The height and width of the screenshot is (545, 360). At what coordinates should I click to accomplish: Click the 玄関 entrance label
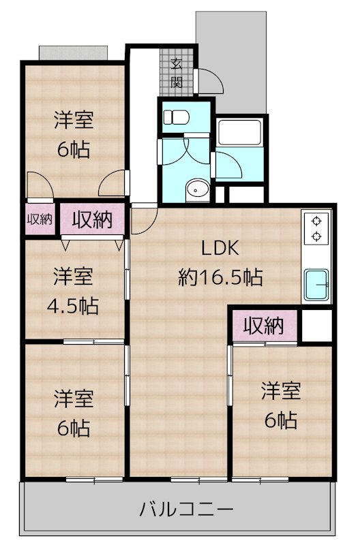pos(177,73)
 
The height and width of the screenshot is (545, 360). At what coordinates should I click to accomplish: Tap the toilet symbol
pos(176,117)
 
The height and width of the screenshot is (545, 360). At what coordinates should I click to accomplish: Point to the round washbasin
pos(198,189)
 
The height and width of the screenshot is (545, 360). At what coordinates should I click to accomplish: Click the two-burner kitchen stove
pos(316,228)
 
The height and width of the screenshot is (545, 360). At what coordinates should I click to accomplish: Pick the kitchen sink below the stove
pos(316,284)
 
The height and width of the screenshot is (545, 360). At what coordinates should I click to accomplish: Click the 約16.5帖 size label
pos(220,277)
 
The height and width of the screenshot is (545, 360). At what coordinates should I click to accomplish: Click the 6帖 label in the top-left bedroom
pos(74,149)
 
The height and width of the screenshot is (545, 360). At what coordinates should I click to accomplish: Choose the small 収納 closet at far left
pos(40,219)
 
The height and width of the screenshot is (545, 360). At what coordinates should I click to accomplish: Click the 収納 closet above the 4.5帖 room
pos(92,220)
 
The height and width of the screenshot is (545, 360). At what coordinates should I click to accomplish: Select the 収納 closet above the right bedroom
pos(264,326)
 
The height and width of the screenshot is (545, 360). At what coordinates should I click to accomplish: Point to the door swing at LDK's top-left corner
pos(145,219)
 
